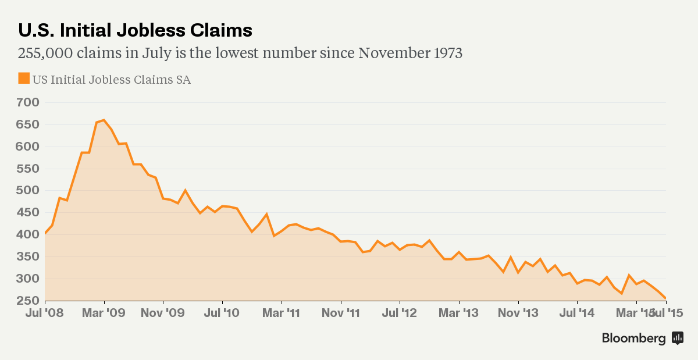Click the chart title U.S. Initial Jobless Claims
tap(135, 30)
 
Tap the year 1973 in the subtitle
tap(447, 54)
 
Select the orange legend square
tap(24, 79)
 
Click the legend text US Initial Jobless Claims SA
tap(112, 80)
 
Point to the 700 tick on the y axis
tap(28, 103)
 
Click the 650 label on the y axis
tap(28, 125)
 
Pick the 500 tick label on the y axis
tap(28, 191)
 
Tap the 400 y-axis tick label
tap(28, 235)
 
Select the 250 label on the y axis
tap(28, 301)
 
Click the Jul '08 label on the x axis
tap(45, 313)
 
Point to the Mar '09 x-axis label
tap(104, 313)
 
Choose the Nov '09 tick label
tap(163, 313)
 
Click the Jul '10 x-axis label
tap(222, 313)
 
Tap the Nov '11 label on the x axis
tap(341, 313)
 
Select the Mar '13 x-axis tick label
tap(459, 313)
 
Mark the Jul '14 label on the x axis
tap(577, 313)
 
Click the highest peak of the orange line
tap(104, 120)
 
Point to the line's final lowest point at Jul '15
tap(665, 298)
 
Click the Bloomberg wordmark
tap(633, 338)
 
